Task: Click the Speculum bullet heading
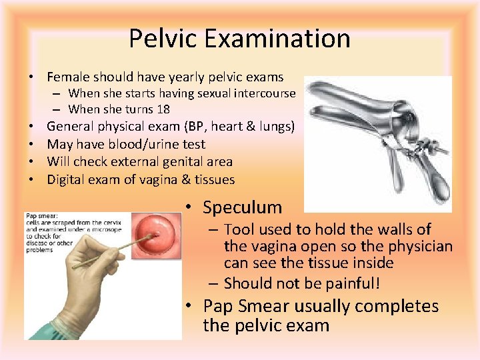click(x=243, y=207)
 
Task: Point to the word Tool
click(x=239, y=230)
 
